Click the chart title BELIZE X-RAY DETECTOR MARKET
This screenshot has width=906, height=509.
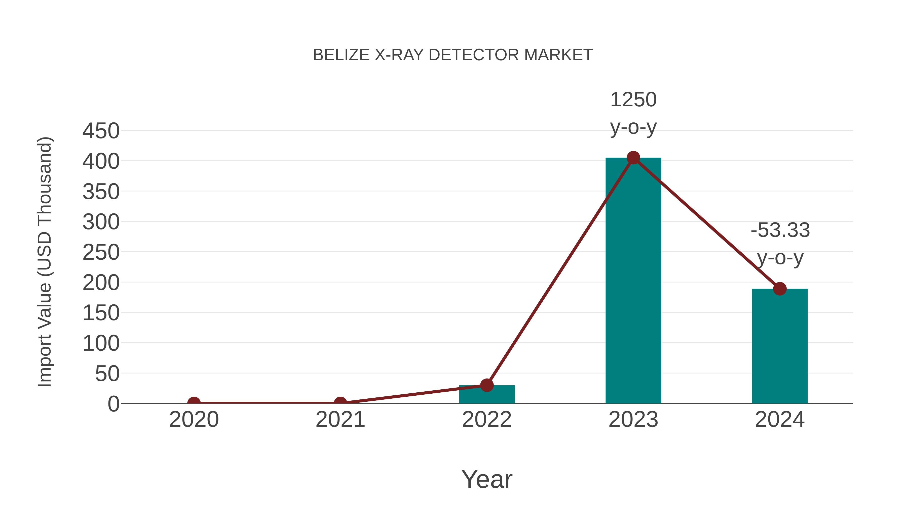[x=453, y=55]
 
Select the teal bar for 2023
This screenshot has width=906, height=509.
[x=633, y=281]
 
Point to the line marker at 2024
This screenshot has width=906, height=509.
[x=780, y=289]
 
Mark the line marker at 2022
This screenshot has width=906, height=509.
[x=487, y=385]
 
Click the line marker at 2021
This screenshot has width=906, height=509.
[x=340, y=403]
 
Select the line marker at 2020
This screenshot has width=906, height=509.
[x=194, y=403]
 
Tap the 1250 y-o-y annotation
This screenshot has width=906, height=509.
[x=633, y=113]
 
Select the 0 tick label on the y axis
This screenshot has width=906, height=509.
[x=114, y=404]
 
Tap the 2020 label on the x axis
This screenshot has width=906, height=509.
[x=194, y=420]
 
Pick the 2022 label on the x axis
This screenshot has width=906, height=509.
[x=487, y=420]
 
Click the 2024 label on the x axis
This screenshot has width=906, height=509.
[x=780, y=420]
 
